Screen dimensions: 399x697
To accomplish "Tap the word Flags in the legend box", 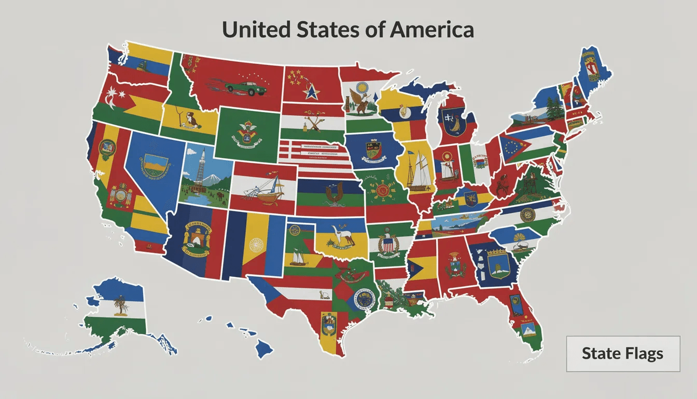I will (644, 354).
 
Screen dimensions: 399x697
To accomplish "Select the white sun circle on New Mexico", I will (256, 244).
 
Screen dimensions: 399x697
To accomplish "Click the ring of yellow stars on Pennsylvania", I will (513, 144).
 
